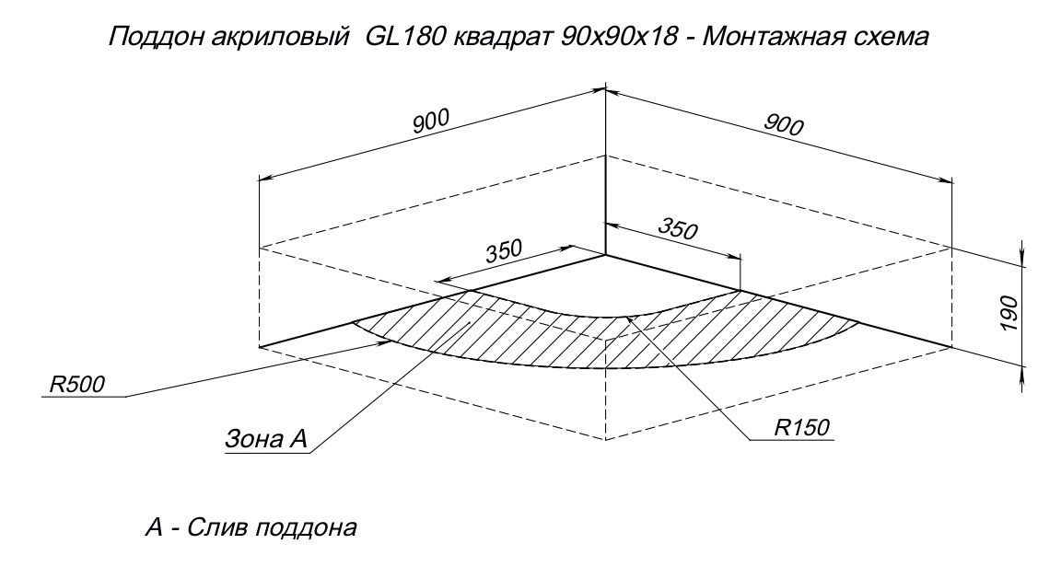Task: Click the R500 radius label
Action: click(77, 385)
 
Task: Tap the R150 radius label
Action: click(802, 428)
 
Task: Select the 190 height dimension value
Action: click(1008, 313)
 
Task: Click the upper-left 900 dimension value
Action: click(431, 121)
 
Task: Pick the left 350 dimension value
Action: click(504, 251)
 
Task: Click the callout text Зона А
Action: click(265, 440)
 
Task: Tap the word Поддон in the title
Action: click(147, 37)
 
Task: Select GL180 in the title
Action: click(404, 36)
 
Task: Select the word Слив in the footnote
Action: click(211, 526)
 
